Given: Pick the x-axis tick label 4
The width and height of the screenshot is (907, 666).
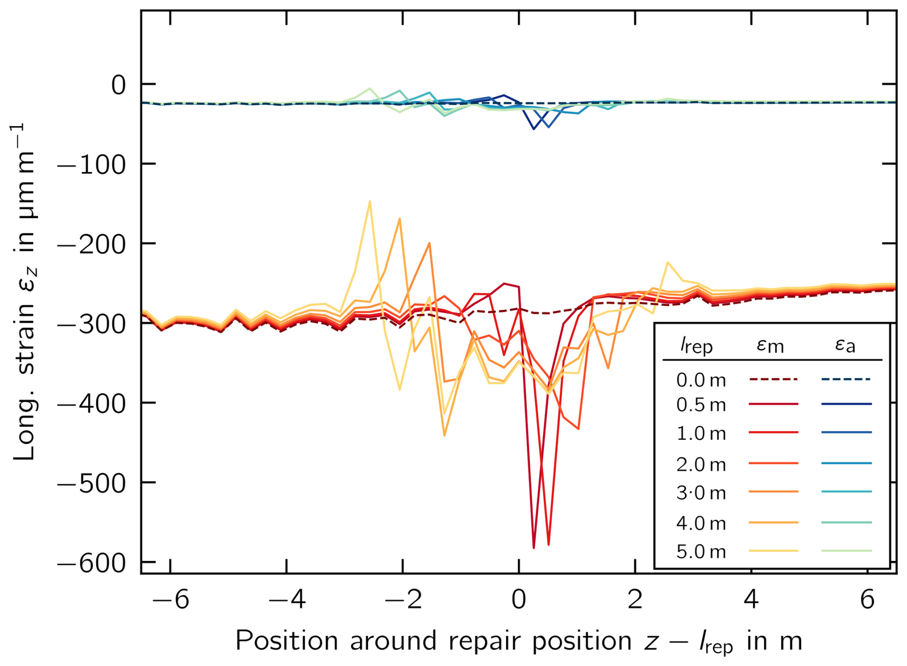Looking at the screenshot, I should (751, 599).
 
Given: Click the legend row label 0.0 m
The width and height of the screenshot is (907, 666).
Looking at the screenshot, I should (701, 380).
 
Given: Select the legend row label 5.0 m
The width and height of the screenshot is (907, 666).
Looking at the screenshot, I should (701, 552).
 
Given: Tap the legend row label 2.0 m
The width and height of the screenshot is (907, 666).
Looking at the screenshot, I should (701, 464).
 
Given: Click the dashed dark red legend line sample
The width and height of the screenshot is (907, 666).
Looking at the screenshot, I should (773, 379).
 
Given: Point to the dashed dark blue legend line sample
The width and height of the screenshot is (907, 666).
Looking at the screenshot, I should (846, 379).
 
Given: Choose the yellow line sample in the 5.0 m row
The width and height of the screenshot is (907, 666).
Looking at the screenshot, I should (773, 551).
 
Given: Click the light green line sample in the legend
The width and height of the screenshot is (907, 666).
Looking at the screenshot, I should (846, 551).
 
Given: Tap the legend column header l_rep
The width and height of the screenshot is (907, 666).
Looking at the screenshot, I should (696, 345).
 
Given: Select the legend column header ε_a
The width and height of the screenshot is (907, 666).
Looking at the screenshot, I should (845, 344).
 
